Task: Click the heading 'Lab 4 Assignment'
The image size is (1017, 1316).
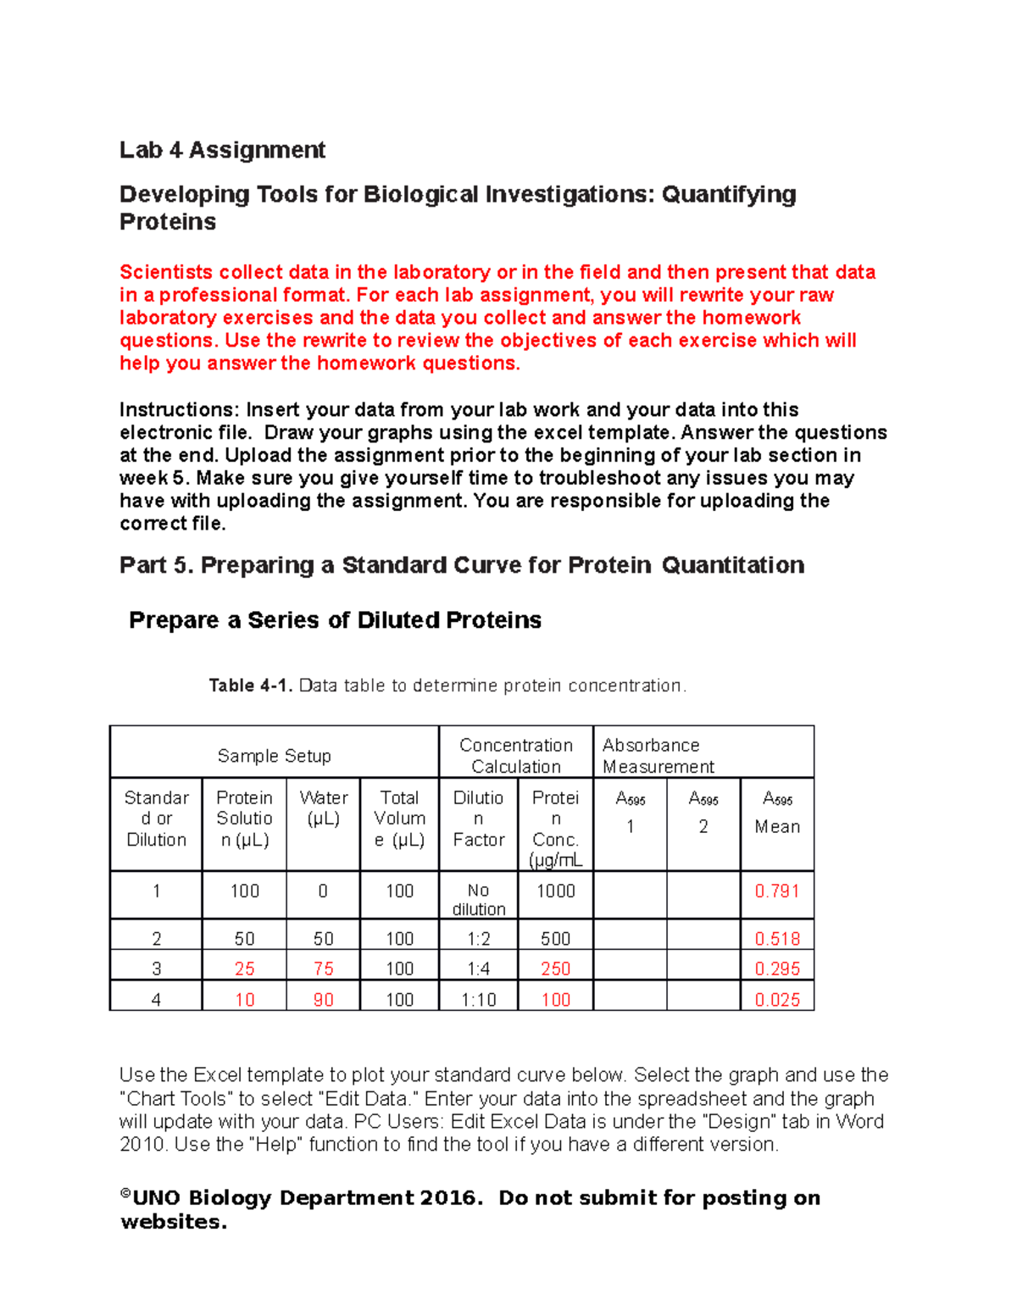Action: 222,150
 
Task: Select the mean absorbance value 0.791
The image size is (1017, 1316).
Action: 776,891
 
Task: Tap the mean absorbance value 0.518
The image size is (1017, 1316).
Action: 776,938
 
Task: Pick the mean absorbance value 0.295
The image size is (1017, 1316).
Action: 776,969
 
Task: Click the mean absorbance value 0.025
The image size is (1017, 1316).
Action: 776,999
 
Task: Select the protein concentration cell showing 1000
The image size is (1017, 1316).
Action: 555,891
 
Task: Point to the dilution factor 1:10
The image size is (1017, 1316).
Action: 478,999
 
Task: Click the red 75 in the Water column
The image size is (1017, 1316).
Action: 323,969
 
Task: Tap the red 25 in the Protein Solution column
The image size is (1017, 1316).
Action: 244,969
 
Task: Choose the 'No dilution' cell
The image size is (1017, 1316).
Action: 478,899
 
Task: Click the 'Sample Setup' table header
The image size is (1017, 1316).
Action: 274,756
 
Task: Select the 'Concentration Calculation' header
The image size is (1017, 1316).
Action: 515,755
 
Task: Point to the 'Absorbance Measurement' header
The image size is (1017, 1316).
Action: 658,755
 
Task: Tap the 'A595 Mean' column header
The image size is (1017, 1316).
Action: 776,813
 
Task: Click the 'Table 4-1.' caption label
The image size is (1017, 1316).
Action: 250,686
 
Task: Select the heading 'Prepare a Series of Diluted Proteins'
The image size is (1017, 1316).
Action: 335,620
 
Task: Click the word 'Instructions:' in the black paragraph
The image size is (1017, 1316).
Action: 180,410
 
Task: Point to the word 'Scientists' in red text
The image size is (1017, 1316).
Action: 166,272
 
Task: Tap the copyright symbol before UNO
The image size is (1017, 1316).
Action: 125,1194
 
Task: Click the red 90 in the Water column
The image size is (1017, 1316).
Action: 323,999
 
